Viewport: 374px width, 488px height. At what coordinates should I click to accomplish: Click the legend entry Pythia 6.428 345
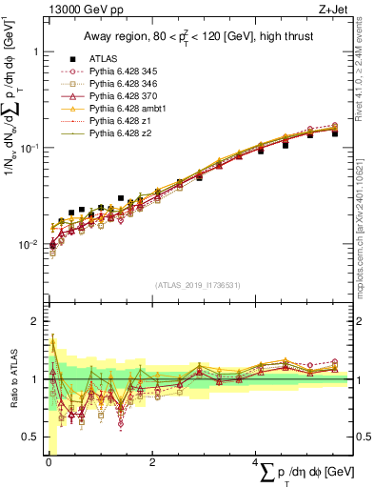pos(124,71)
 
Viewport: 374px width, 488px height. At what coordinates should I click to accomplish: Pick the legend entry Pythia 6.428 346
pos(124,84)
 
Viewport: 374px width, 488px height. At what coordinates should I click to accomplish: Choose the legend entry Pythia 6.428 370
pos(124,96)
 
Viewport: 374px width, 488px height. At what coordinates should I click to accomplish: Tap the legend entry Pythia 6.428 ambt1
pos(128,110)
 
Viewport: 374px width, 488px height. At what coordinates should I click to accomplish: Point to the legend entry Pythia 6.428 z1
pos(120,122)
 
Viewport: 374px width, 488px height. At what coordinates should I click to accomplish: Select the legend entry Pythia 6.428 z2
pos(120,134)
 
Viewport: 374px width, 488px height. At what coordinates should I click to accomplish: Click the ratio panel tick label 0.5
pos(30,437)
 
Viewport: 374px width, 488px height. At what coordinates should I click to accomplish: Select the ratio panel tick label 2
pos(35,321)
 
